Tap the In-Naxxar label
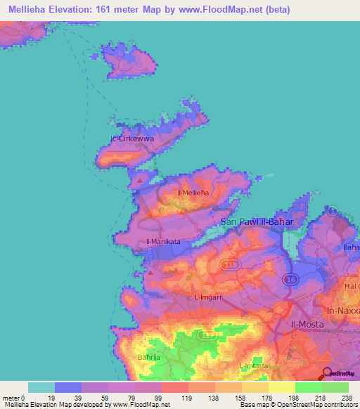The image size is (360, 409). pyautogui.click(x=343, y=310)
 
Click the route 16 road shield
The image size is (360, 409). pyautogui.click(x=290, y=279)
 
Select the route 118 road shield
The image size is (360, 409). pyautogui.click(x=229, y=264)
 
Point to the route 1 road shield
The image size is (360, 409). pyautogui.click(x=333, y=211)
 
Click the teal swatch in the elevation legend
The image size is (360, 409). pyautogui.click(x=41, y=387)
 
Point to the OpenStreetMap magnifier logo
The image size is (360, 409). pyautogui.click(x=328, y=374)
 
